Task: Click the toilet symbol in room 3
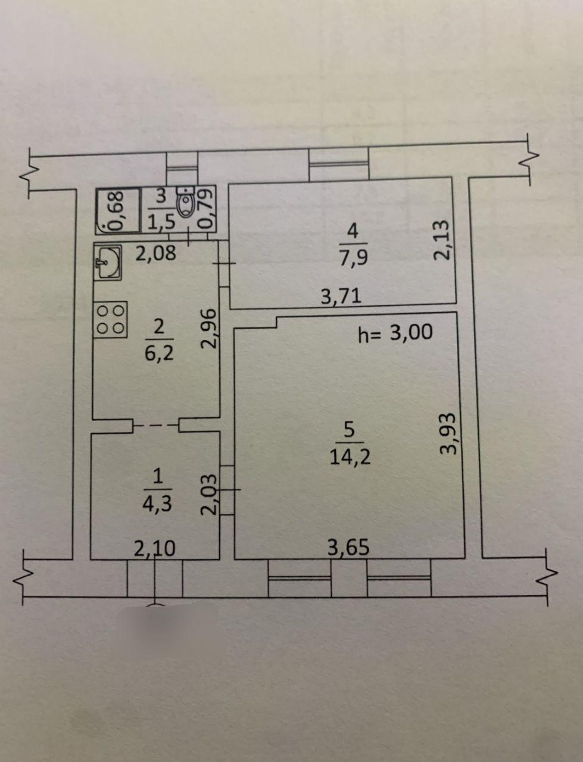[x=186, y=202]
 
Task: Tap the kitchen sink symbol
[x=108, y=262]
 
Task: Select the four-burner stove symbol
[x=110, y=320]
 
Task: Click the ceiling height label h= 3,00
[x=395, y=333]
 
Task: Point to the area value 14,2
[x=350, y=458]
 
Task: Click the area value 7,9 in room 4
[x=353, y=257]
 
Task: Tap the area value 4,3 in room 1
[x=157, y=504]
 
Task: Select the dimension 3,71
[x=341, y=297]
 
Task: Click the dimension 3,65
[x=348, y=548]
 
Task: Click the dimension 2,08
[x=155, y=253]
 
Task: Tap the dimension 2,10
[x=154, y=549]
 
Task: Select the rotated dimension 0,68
[x=117, y=211]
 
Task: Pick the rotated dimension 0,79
[x=205, y=208]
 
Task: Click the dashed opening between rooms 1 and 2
[x=156, y=425]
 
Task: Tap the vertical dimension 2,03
[x=210, y=494]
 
